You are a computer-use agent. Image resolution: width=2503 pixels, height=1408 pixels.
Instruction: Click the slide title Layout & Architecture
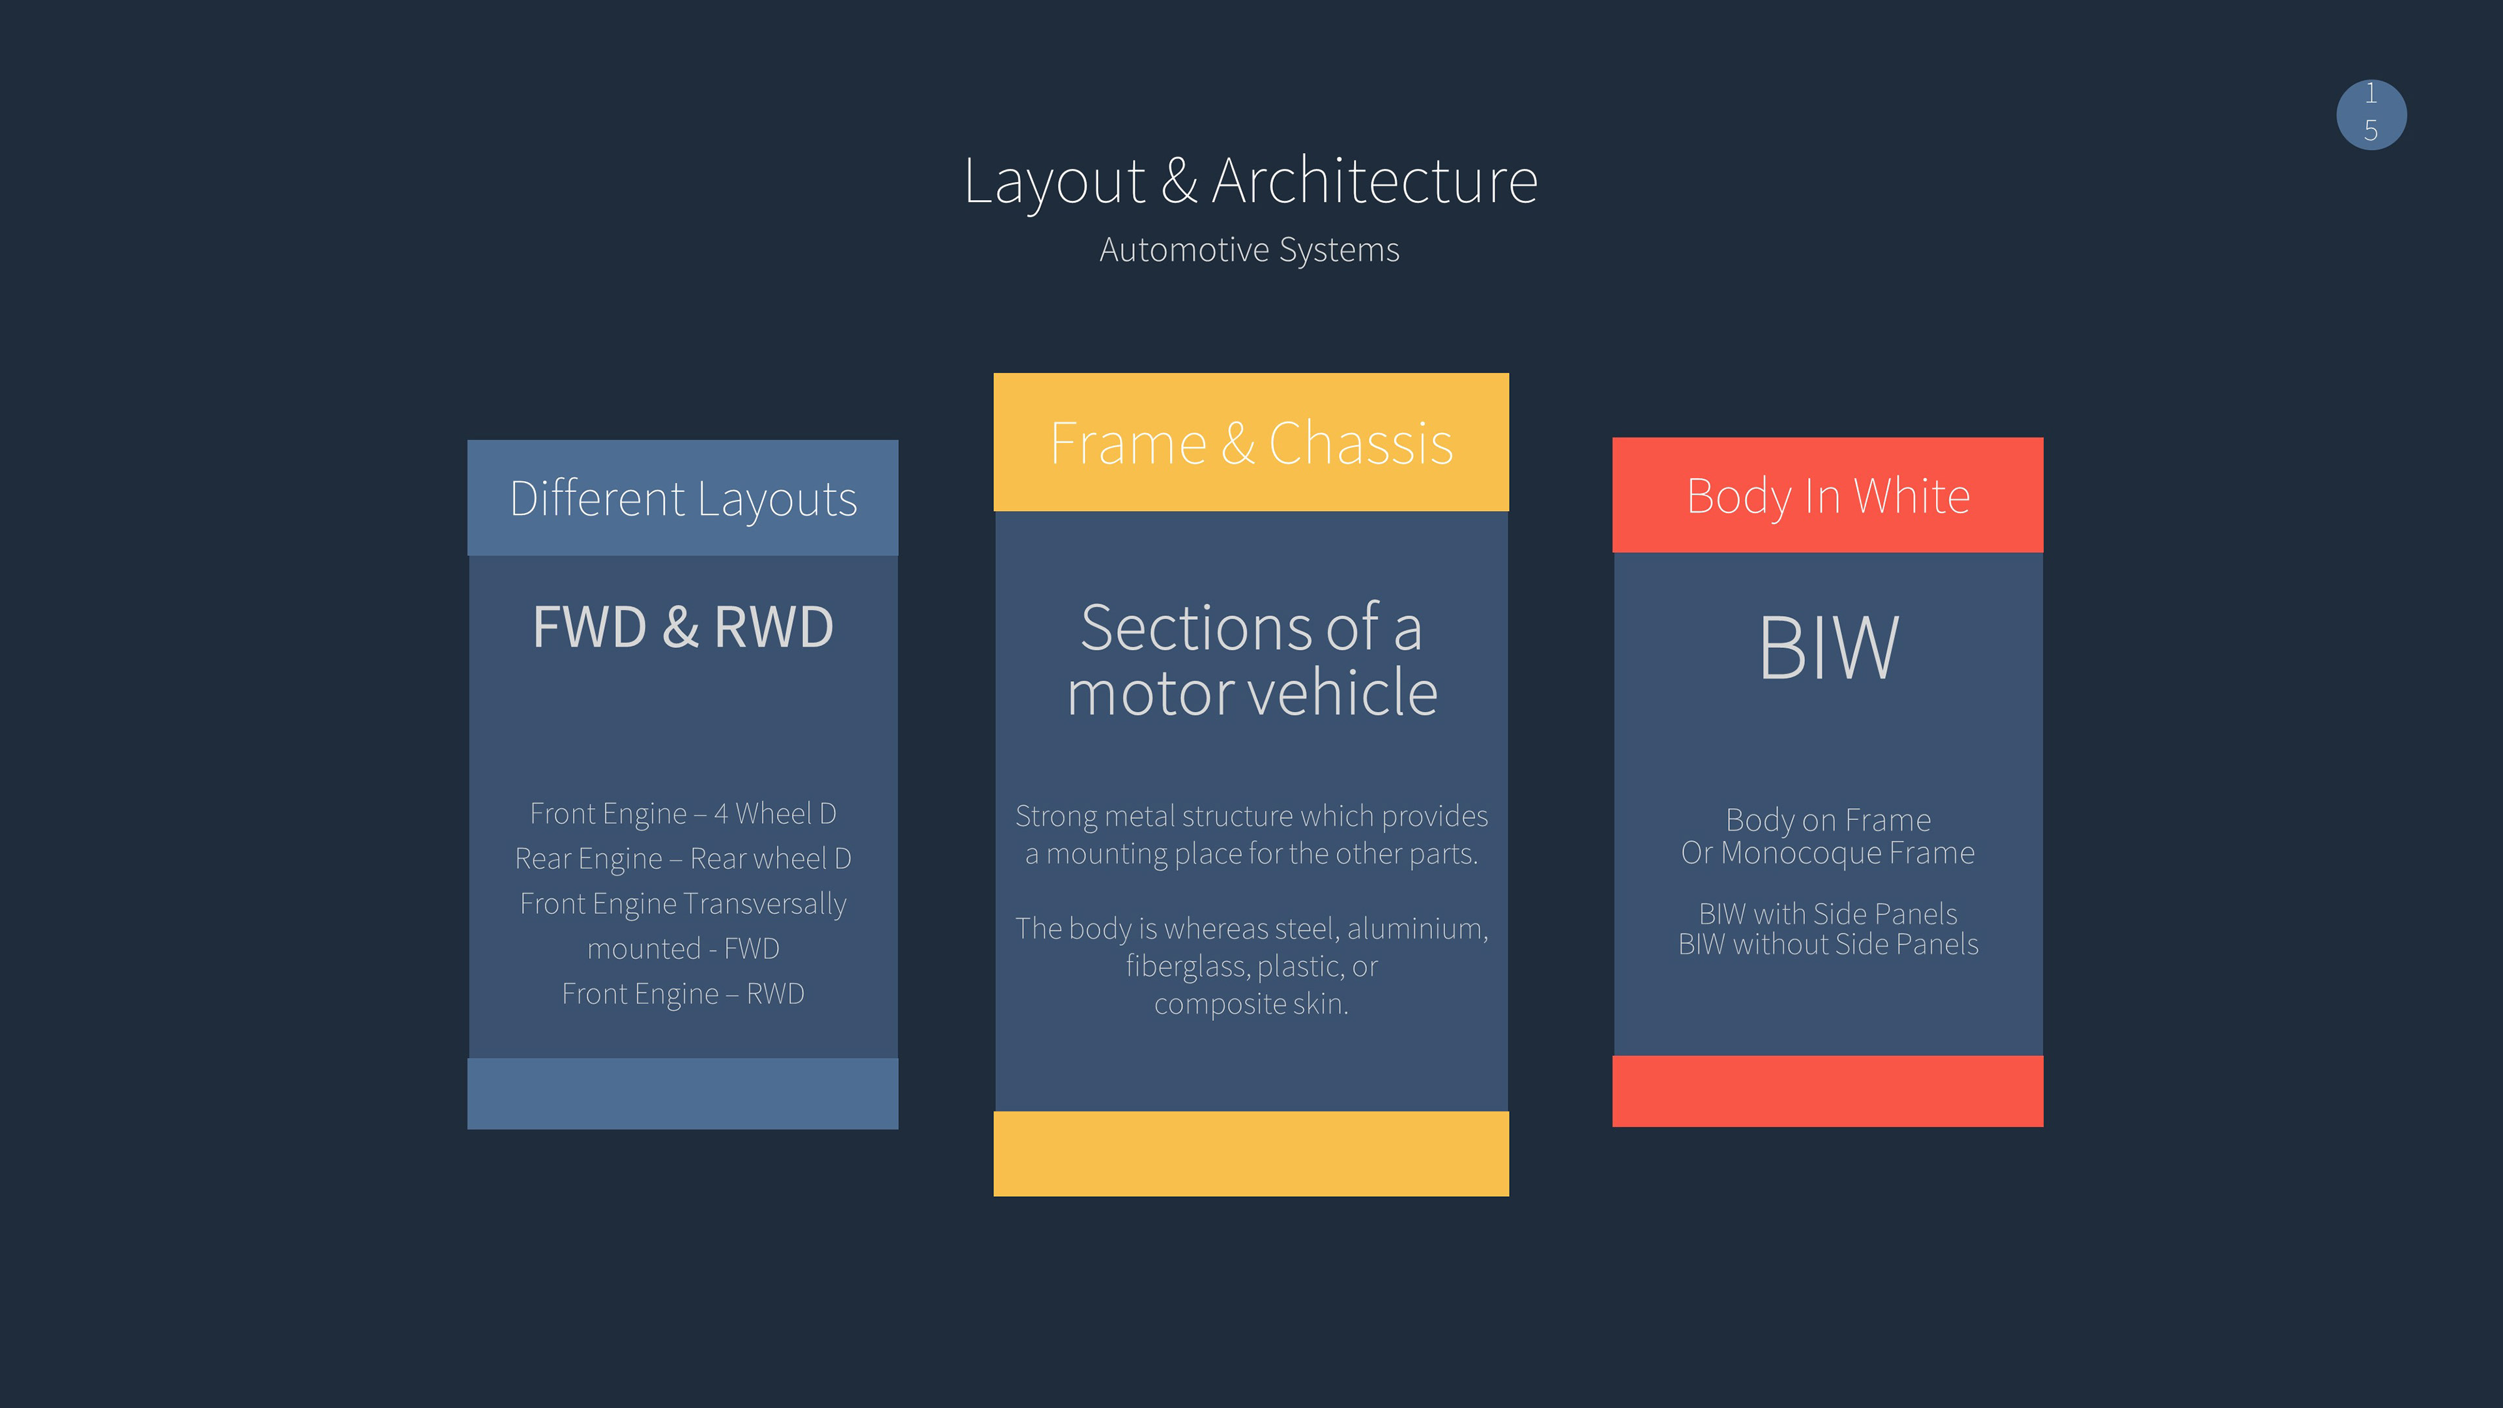[x=1251, y=182]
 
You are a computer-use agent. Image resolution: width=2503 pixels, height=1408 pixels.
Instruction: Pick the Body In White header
[x=1828, y=495]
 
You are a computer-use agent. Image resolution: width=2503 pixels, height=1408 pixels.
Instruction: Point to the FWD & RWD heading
[x=683, y=626]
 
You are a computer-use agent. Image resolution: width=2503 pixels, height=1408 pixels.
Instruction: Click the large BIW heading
[x=1828, y=648]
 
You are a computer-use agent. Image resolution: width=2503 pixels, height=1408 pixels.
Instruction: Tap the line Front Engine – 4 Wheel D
[x=683, y=814]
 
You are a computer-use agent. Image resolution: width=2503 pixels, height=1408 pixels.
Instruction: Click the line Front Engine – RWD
[x=683, y=994]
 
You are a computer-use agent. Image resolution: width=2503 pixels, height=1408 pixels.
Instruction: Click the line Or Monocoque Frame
[x=1828, y=853]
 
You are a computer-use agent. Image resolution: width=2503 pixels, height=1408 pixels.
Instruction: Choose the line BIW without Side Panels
[x=1828, y=945]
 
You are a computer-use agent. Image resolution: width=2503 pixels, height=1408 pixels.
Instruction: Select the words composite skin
[x=1251, y=1004]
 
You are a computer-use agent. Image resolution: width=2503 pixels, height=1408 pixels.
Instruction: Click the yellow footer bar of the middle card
[x=1251, y=1153]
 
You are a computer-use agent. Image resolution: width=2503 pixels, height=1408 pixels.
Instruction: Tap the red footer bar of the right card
[x=1828, y=1091]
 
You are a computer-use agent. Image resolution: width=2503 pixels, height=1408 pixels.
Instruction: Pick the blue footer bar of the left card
[x=683, y=1094]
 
